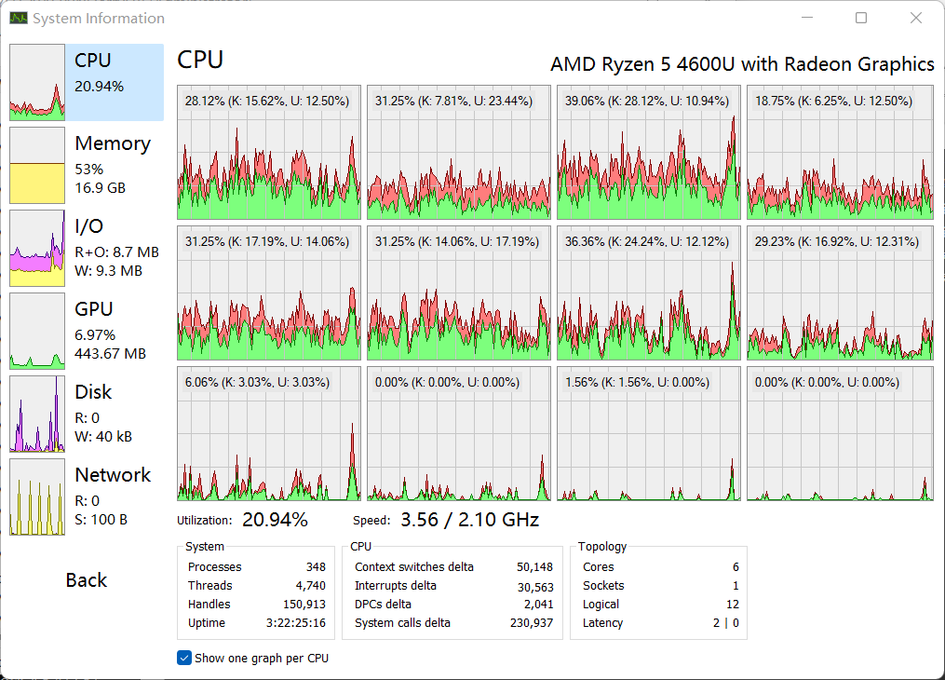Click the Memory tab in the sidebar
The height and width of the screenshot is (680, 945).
coord(112,144)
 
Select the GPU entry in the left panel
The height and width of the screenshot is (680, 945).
coord(94,310)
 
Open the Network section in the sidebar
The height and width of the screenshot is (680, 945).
coord(113,476)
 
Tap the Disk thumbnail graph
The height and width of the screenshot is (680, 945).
coord(37,415)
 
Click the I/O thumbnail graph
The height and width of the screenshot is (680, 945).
coord(37,249)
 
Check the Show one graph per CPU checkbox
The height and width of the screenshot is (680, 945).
coord(184,658)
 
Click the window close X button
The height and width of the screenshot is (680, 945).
coord(916,18)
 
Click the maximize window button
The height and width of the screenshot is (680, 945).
coord(861,18)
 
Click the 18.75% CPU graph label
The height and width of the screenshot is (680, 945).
coord(833,101)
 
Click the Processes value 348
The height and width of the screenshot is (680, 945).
coord(316,567)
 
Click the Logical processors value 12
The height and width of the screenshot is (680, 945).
coord(733,605)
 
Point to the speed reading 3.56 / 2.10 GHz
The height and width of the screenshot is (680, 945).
coord(469,520)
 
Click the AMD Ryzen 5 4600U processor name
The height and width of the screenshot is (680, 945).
coord(742,64)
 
